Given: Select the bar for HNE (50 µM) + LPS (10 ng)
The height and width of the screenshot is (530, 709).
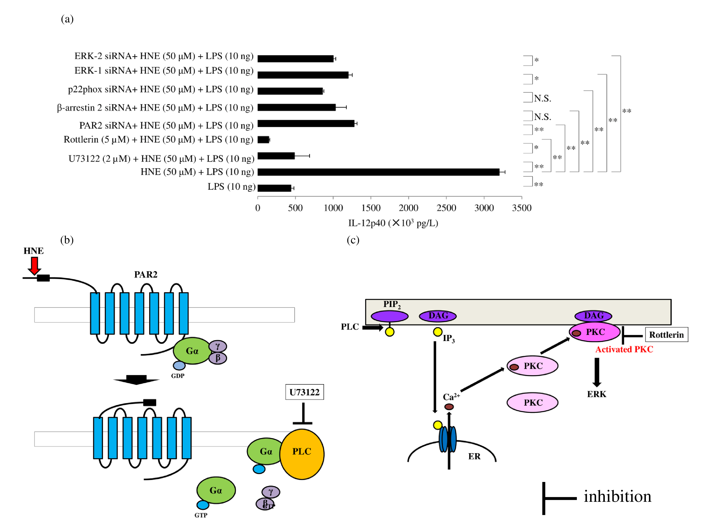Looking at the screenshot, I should pos(378,172).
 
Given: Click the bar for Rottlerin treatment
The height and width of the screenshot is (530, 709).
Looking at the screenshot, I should pos(263,139).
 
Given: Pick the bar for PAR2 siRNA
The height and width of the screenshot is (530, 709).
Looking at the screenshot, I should pos(306,123).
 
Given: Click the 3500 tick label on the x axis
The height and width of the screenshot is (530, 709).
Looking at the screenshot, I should pos(522,208).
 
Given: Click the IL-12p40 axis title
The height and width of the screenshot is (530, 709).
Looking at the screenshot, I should pos(393,223).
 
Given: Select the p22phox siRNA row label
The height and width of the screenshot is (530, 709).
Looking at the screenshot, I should pos(160,89).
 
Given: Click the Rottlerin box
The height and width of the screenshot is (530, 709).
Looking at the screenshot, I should pos(666,335).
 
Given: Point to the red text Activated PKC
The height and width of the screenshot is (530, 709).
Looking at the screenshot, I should pos(624,349).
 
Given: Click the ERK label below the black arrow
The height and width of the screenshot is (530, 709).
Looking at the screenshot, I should pos(596,394).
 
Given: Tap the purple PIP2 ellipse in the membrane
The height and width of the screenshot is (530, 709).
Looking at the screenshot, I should pos(389,316).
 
